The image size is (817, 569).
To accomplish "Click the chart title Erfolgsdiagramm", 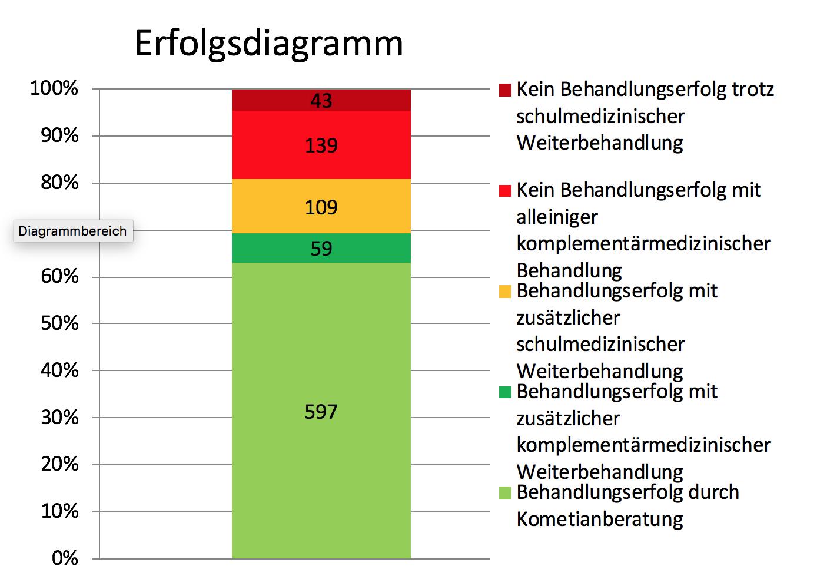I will [268, 43].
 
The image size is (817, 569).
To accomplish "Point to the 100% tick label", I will [54, 89].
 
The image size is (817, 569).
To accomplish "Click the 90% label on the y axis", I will [59, 136].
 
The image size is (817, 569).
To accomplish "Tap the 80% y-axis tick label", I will [59, 183].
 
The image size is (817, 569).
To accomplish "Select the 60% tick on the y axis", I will [59, 276].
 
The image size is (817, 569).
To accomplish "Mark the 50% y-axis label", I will [59, 323].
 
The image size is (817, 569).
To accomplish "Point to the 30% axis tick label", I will [59, 417].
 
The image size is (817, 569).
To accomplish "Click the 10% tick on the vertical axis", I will [59, 511].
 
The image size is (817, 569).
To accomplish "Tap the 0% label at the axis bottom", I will [65, 557].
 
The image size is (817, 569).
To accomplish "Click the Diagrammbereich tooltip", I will [73, 231].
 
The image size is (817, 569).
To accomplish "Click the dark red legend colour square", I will [504, 90].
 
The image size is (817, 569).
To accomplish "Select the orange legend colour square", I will [504, 292].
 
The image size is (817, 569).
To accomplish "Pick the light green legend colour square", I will [504, 493].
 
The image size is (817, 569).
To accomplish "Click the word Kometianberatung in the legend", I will [599, 519].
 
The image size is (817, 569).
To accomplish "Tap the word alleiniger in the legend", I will [557, 217].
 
